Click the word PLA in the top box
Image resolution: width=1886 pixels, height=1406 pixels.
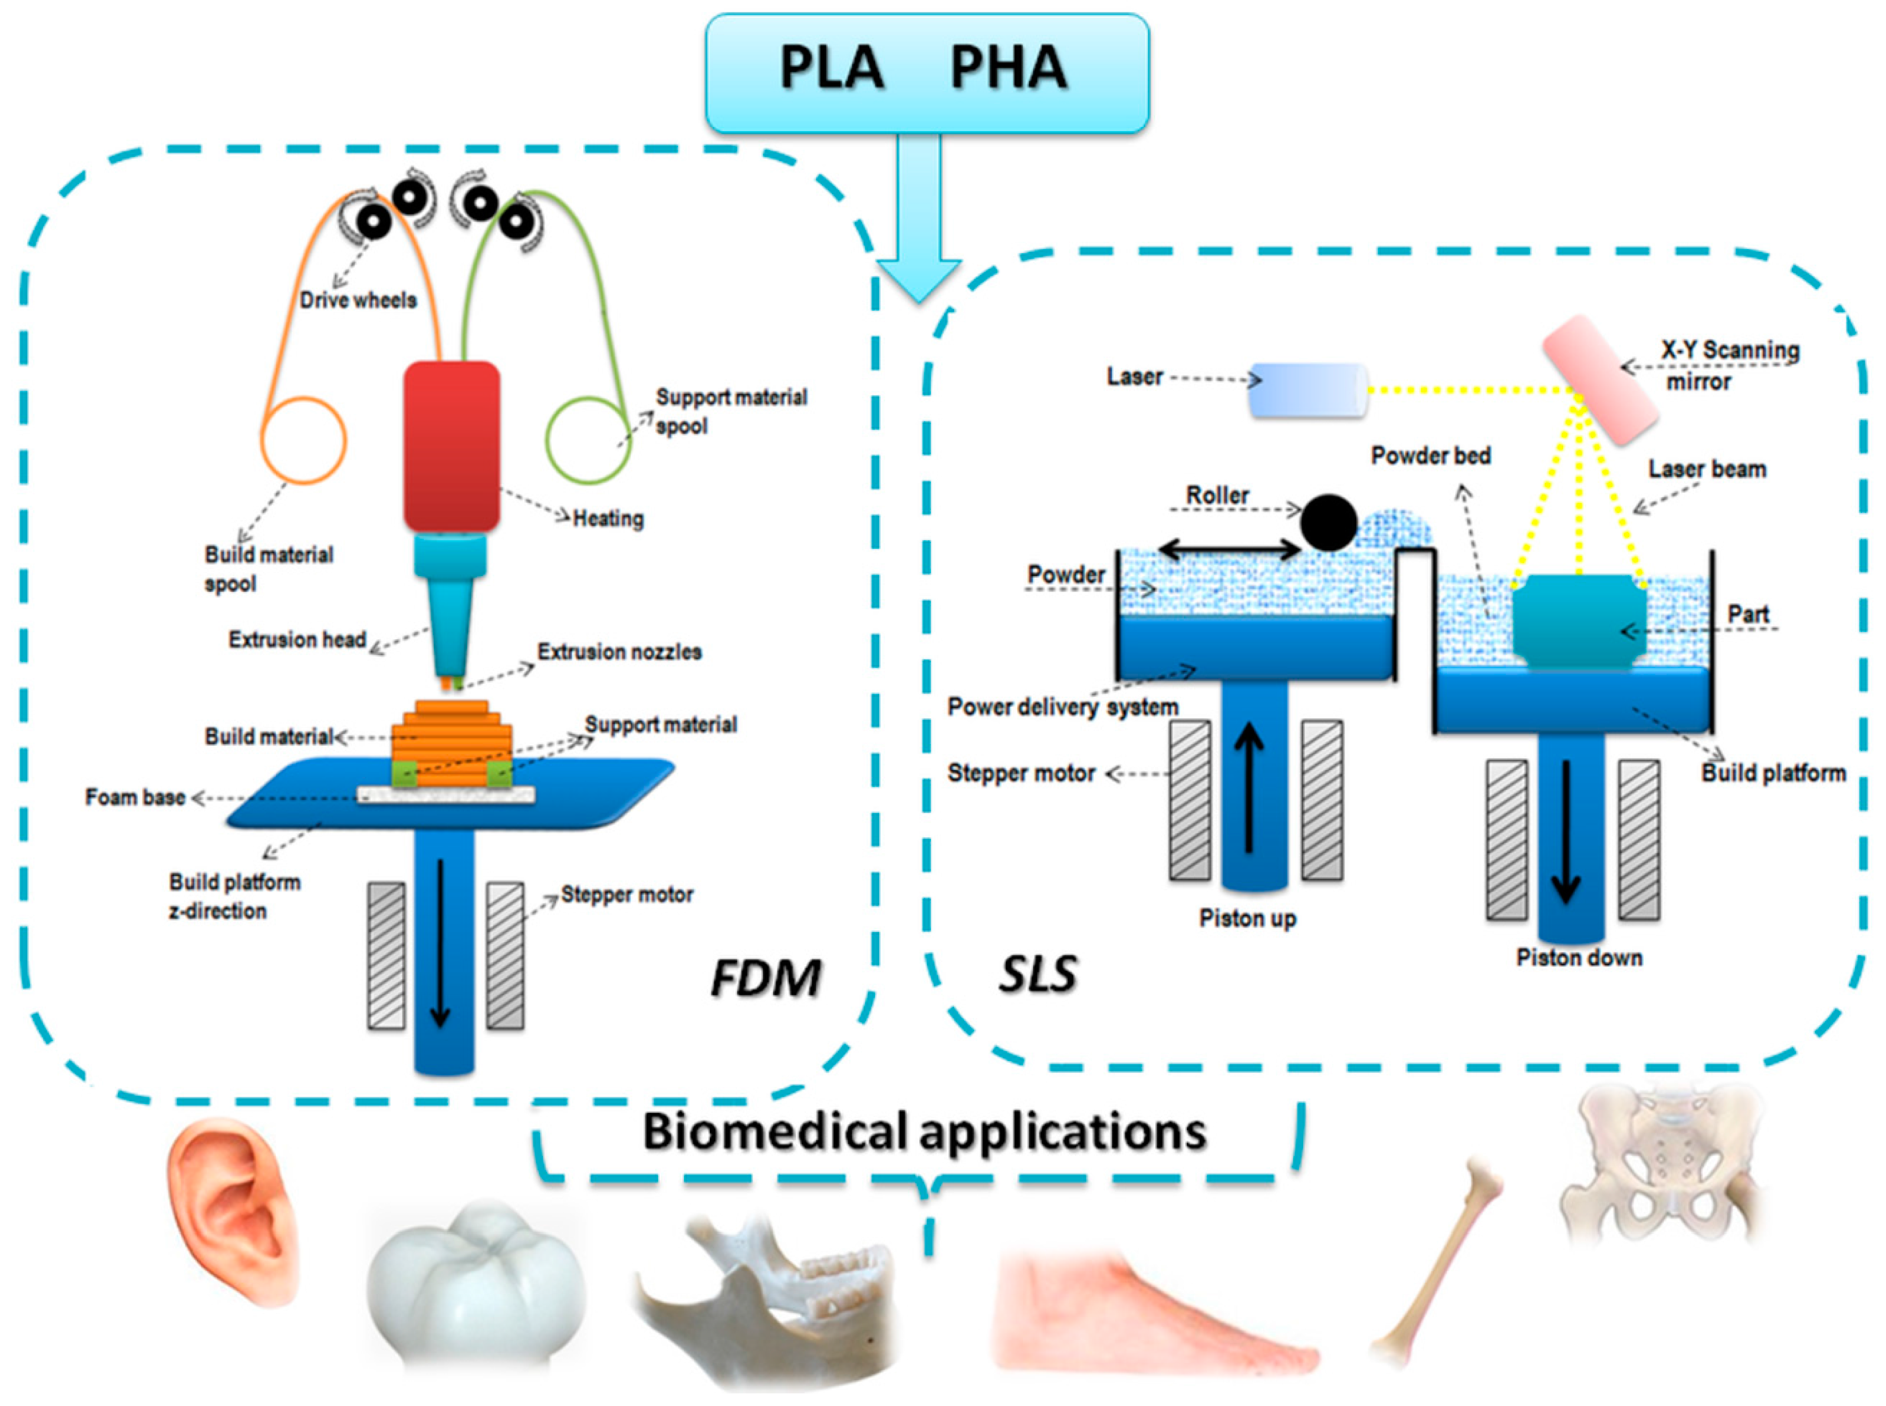[831, 68]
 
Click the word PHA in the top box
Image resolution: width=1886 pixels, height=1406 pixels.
[1008, 68]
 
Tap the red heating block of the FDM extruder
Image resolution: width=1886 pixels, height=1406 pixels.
[451, 447]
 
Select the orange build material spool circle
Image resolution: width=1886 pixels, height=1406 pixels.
[303, 440]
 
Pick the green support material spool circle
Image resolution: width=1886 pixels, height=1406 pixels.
[587, 440]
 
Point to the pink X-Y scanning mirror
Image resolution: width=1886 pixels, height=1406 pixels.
[1600, 379]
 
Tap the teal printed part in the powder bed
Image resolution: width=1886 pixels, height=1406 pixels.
[1579, 621]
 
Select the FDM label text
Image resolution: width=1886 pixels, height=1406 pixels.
[765, 977]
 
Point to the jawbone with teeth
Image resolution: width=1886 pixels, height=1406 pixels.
[766, 1294]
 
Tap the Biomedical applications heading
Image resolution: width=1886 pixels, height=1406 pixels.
[924, 1132]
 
